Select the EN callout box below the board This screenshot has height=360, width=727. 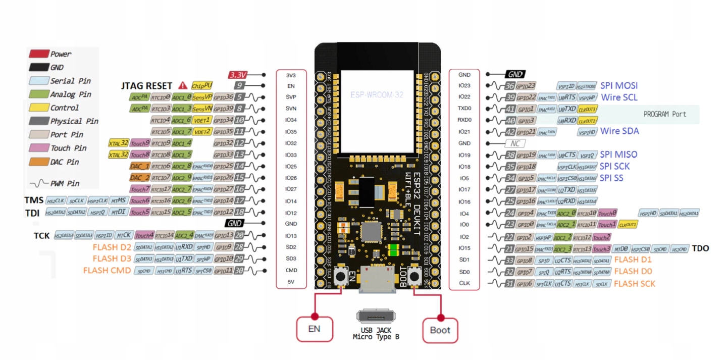click(x=314, y=330)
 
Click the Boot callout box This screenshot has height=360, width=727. click(x=440, y=330)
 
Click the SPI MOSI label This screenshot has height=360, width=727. click(x=619, y=86)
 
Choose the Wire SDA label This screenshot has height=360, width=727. click(x=619, y=131)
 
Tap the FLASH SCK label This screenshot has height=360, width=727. click(x=635, y=284)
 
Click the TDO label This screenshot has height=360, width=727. click(x=700, y=248)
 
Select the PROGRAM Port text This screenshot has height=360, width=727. click(x=664, y=114)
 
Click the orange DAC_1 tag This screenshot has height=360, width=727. click(x=140, y=166)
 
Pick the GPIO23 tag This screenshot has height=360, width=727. click(x=526, y=86)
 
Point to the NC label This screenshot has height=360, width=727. click(x=515, y=143)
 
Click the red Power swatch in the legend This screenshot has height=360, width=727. click(x=38, y=54)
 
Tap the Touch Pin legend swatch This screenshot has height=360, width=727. click(x=38, y=148)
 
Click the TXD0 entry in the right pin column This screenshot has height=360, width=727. click(x=464, y=109)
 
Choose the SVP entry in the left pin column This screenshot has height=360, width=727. click(x=291, y=97)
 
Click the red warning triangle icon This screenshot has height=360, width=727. click(x=182, y=86)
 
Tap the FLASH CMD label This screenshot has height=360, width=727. click(x=107, y=271)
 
